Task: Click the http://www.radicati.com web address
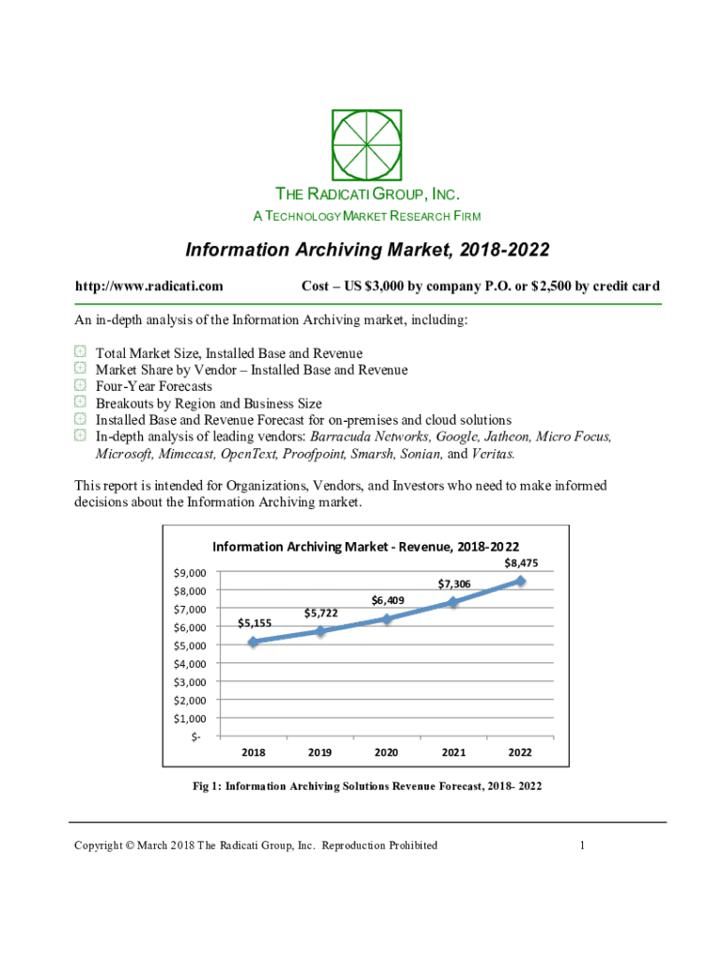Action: pos(148,287)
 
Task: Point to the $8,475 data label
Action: pos(521,563)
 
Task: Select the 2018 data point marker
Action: pos(253,642)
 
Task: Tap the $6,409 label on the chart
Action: pos(387,599)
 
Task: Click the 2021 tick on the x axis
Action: pos(454,753)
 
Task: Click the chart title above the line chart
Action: pos(366,547)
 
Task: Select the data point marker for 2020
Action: pos(387,618)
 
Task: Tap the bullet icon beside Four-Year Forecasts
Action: pos(80,386)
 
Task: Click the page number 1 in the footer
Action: pos(582,846)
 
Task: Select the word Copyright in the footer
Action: pos(102,846)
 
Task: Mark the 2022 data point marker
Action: pos(520,581)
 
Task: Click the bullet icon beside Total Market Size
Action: pos(80,353)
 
